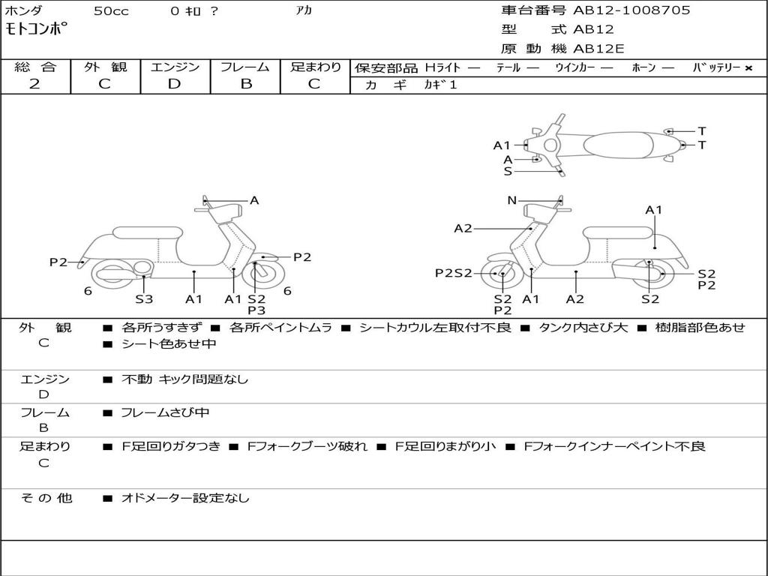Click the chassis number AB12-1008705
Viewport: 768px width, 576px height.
[631, 10]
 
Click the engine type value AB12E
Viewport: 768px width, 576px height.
[599, 49]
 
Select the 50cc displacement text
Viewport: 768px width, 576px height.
[111, 11]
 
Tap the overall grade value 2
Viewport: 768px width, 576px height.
[34, 84]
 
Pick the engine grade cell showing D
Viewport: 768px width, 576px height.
[174, 84]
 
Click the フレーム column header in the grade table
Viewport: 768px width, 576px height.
[244, 67]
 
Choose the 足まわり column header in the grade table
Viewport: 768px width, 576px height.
[316, 67]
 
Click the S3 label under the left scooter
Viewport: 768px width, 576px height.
[144, 299]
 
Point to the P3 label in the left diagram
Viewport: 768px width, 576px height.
[256, 310]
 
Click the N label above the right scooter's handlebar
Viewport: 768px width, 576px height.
[512, 200]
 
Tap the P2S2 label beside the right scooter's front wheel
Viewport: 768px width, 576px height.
[454, 273]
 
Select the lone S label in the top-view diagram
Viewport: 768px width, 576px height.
[508, 171]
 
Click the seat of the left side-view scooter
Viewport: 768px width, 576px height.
[148, 232]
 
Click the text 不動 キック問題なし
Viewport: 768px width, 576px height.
[184, 379]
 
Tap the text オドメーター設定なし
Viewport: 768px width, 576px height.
[185, 498]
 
